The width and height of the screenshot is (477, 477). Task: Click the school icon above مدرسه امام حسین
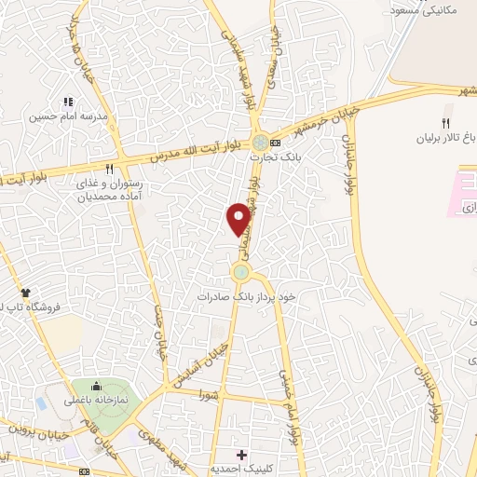67,101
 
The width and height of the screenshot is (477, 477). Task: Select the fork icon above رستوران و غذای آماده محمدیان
109,169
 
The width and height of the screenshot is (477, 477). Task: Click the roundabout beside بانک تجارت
260,143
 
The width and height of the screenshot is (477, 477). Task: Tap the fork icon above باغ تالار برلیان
445,123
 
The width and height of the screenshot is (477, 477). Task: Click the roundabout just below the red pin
241,272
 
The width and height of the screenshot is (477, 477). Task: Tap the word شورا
208,394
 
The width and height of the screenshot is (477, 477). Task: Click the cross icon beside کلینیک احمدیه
242,455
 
